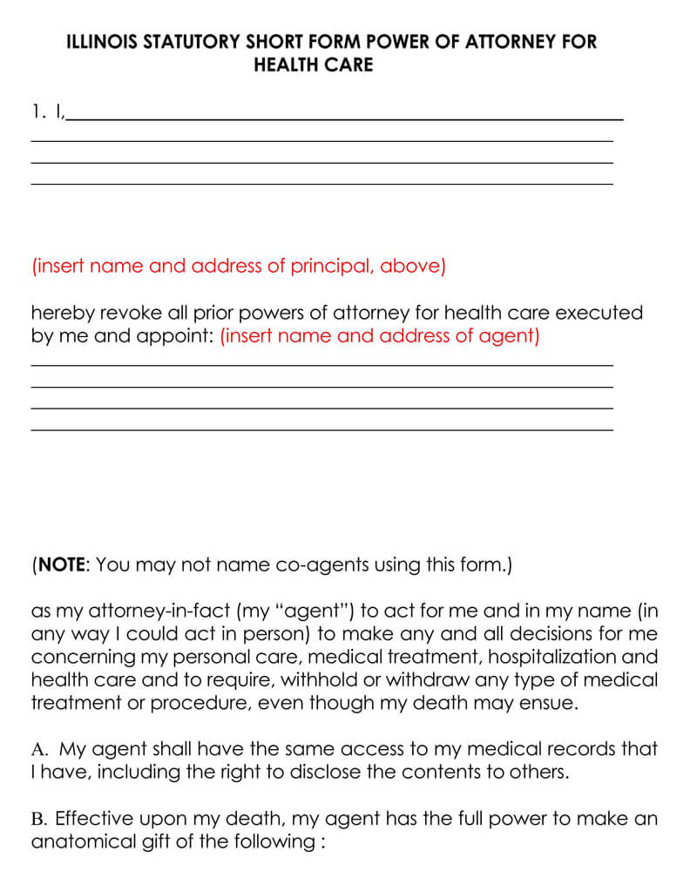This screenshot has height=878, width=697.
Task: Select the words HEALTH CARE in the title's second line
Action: pos(314,65)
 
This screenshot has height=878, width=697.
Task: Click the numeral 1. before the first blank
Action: pos(37,111)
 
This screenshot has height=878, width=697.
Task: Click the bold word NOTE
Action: pos(60,564)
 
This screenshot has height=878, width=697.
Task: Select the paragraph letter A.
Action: pos(37,748)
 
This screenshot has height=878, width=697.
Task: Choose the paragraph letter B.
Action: pos(37,819)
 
